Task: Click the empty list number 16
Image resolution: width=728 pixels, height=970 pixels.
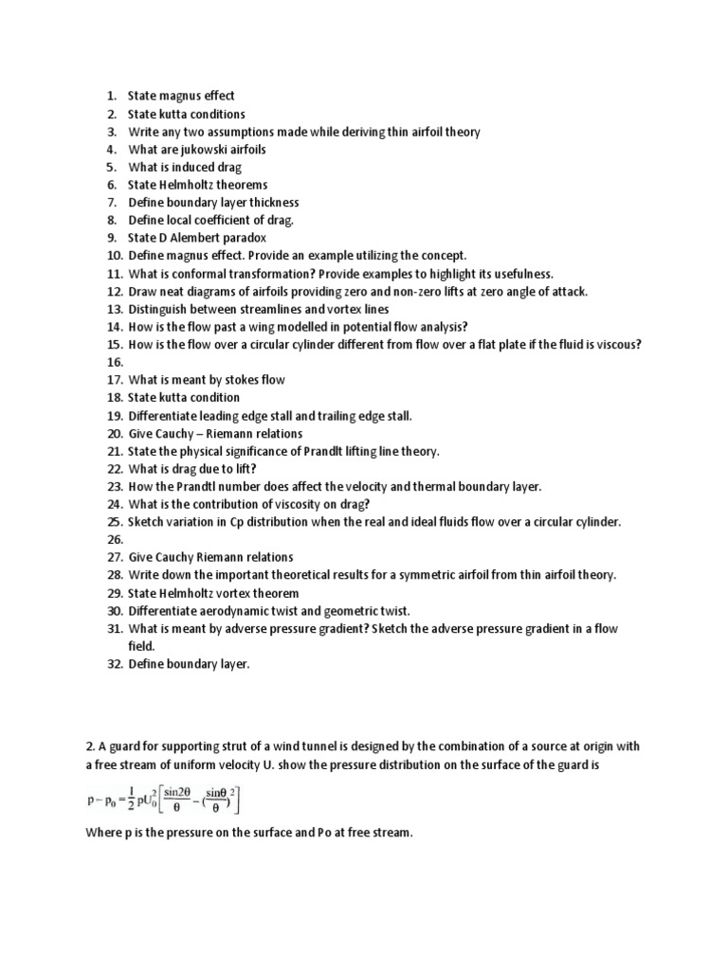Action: click(115, 362)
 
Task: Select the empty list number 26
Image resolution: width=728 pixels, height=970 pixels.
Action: click(115, 539)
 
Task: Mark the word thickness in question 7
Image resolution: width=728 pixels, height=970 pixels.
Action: click(269, 203)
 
